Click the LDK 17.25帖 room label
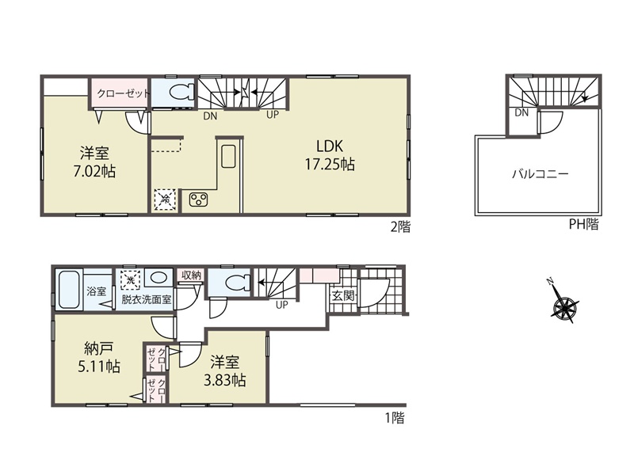pos(330,155)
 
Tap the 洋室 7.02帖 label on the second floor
pos(94,162)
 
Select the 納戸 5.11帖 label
pos(98,358)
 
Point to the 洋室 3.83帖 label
pos(224,371)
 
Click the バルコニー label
pos(540,174)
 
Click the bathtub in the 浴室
pos(70,290)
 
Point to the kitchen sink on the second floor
pos(229,155)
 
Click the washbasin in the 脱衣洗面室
pos(157,279)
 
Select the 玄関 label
pos(343,296)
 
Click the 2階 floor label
pos(400,227)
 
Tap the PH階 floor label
pos(583,224)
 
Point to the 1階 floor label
pos(395,418)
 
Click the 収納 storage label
pos(191,275)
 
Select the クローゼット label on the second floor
pos(124,93)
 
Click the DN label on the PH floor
pos(521,113)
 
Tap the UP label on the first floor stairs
pos(282,305)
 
